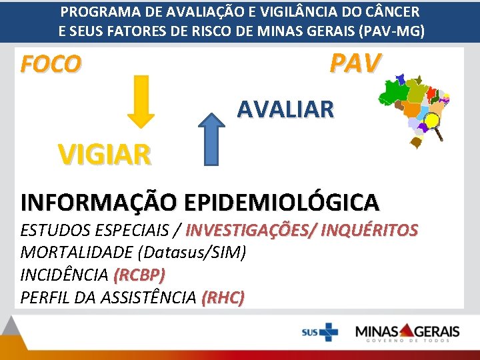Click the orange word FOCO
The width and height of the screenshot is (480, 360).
click(x=51, y=64)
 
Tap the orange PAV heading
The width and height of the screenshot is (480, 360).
click(x=355, y=63)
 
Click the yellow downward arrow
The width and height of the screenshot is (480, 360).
click(x=141, y=101)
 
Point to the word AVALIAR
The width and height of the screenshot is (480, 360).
click(x=286, y=109)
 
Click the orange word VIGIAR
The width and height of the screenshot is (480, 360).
click(x=104, y=155)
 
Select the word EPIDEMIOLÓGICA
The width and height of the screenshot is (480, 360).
click(x=282, y=201)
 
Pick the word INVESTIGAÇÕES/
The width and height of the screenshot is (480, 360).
click(x=251, y=231)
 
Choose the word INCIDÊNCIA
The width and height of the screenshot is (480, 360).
click(x=65, y=275)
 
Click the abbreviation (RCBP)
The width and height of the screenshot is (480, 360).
click(x=139, y=275)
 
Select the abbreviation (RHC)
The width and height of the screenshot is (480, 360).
click(x=223, y=298)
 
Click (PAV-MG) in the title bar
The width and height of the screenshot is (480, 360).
click(x=391, y=31)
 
